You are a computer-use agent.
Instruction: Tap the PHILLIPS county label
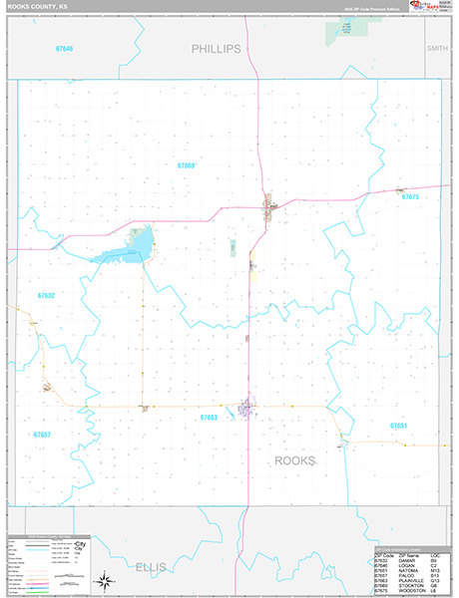click(217, 48)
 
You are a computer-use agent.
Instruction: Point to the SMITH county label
click(437, 48)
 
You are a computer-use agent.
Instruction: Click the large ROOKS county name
click(294, 460)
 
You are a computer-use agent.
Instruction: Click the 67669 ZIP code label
click(187, 165)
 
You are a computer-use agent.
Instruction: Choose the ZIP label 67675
click(411, 197)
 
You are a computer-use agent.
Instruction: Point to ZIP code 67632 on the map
click(46, 296)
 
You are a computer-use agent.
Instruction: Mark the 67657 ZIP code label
click(42, 434)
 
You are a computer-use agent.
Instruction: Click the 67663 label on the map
click(209, 418)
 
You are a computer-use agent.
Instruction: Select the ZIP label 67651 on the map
click(399, 426)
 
